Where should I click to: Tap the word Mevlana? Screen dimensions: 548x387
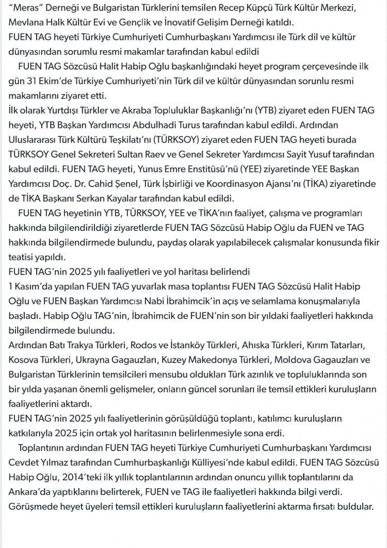tap(26, 23)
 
